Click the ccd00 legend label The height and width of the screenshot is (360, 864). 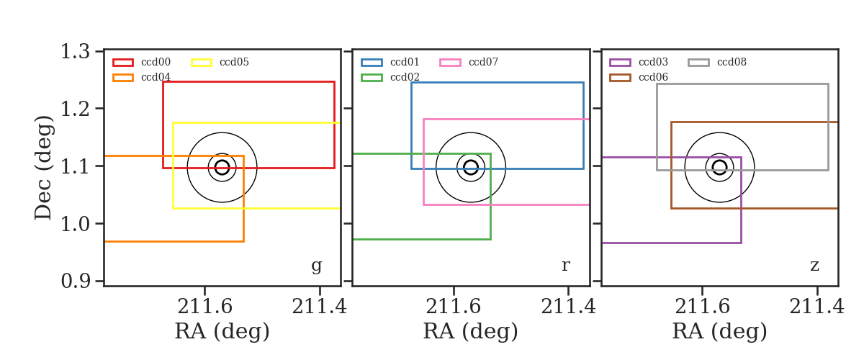[156, 62]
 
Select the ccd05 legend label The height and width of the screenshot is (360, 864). [234, 62]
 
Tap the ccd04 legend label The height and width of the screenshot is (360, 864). [156, 77]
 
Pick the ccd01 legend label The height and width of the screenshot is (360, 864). [405, 62]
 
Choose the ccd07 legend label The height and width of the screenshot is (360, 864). [483, 62]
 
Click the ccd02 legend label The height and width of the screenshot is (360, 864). [405, 77]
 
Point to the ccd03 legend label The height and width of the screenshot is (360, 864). [654, 62]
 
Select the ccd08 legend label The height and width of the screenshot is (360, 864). [732, 62]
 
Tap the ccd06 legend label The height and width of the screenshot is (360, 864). [654, 77]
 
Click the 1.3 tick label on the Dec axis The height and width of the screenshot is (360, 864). [76, 51]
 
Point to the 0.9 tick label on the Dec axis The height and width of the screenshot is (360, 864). [76, 281]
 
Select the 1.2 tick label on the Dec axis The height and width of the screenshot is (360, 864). [76, 109]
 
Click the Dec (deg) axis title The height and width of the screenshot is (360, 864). [42, 168]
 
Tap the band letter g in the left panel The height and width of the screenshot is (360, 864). [316, 266]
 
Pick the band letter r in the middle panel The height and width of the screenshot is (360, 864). [565, 266]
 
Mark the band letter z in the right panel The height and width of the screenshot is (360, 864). [814, 266]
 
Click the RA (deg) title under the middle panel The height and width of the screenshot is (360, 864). [471, 331]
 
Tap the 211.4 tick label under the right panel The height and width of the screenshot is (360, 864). [817, 307]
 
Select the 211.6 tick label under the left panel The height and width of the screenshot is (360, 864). [204, 307]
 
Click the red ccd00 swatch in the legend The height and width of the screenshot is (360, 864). [123, 63]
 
